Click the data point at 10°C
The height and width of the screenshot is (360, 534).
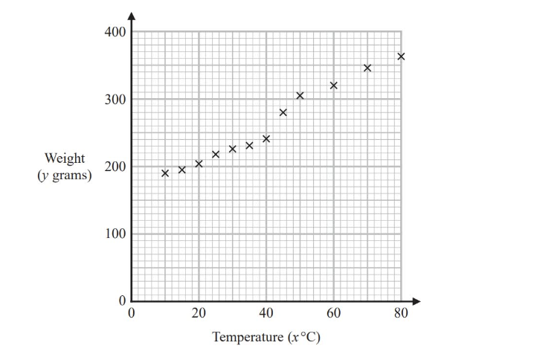coord(165,173)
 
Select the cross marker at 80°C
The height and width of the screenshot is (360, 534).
coord(401,57)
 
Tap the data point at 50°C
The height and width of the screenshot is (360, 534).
coord(300,95)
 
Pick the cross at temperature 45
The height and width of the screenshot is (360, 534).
coord(283,112)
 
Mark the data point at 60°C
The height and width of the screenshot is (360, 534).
coord(333,86)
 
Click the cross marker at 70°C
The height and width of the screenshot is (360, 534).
coord(367,68)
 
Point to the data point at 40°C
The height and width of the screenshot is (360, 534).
coord(266,138)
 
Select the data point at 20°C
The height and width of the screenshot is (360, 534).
coord(199,164)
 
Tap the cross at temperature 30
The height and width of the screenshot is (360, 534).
coord(232,149)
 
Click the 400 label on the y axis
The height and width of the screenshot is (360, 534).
coord(115,33)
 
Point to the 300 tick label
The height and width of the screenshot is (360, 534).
coord(115,100)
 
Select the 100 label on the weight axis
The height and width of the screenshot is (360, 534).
coord(115,234)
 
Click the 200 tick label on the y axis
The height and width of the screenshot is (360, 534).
coord(115,167)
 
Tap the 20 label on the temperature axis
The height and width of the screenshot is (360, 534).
coord(199,313)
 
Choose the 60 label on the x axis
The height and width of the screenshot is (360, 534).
coord(333,313)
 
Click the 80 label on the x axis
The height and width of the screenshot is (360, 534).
coord(401,313)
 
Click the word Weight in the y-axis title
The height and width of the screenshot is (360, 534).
coord(65,158)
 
